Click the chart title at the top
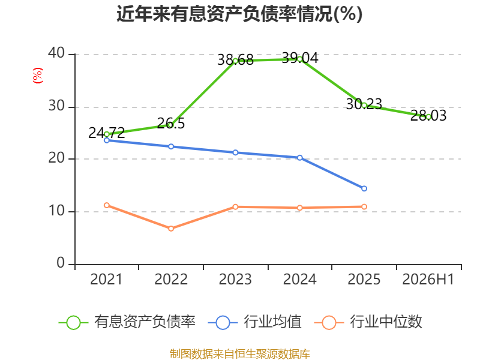click(x=239, y=14)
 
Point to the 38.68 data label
click(x=235, y=59)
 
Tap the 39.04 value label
click(x=300, y=58)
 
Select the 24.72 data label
click(x=107, y=133)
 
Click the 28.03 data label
click(x=428, y=115)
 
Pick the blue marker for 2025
click(x=364, y=188)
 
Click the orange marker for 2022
click(x=171, y=229)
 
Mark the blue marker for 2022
click(x=171, y=146)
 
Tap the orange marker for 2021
click(x=107, y=205)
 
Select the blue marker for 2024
click(x=299, y=158)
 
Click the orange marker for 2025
click(x=364, y=206)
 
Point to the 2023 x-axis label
click(x=235, y=279)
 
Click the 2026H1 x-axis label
click(x=428, y=279)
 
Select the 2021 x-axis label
click(x=106, y=279)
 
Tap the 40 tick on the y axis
click(x=56, y=53)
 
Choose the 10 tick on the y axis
click(x=56, y=211)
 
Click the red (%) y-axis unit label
click(x=38, y=76)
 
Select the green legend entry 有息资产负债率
click(x=127, y=322)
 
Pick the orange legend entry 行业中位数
click(x=368, y=322)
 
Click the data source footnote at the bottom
click(x=239, y=354)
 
